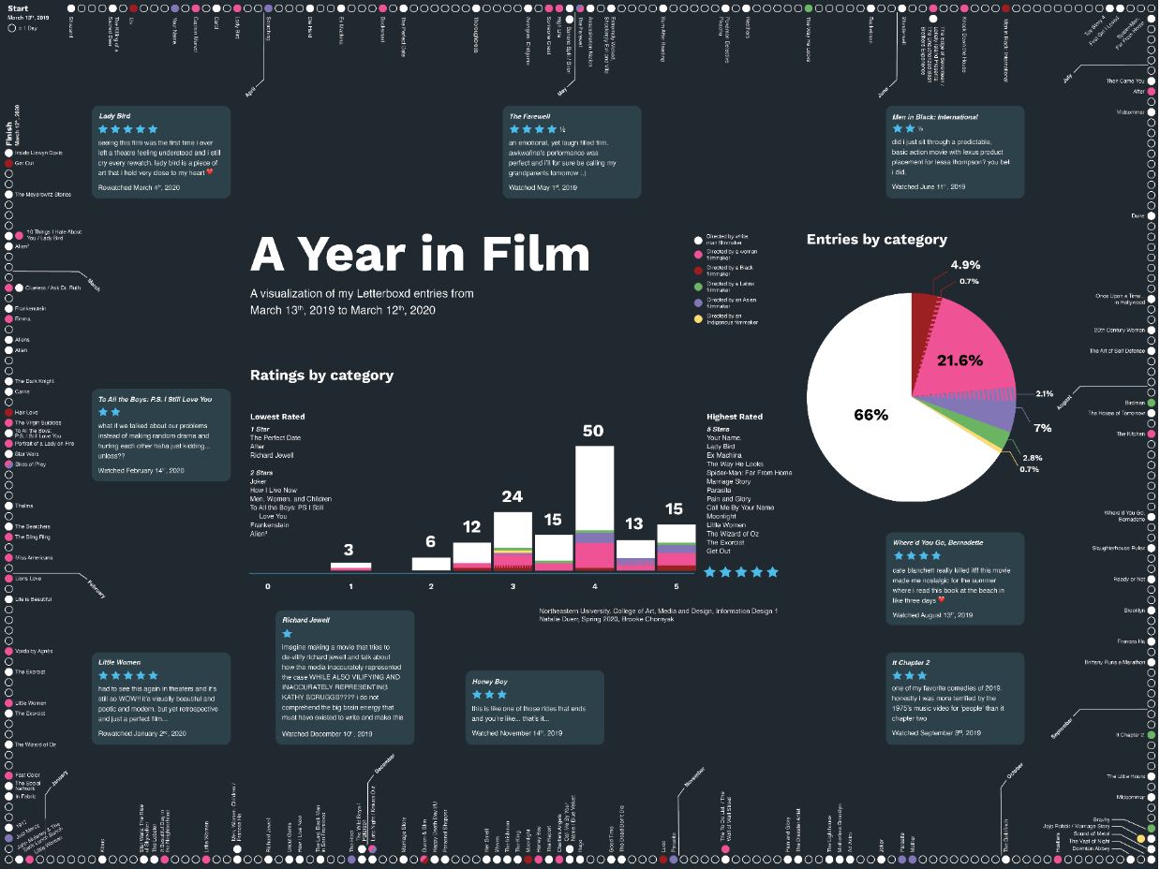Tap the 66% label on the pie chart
[x=870, y=415]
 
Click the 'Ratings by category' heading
[x=321, y=376]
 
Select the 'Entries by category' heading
[x=876, y=240]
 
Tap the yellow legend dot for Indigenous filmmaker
[x=697, y=320]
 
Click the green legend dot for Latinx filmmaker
[x=697, y=286]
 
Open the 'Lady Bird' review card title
[x=115, y=117]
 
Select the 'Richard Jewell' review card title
[x=306, y=620]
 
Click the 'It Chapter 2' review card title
[x=911, y=662]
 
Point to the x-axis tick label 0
[x=268, y=586]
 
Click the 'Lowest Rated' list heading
[x=277, y=417]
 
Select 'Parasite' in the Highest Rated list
[x=720, y=490]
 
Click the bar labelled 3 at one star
[x=350, y=567]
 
